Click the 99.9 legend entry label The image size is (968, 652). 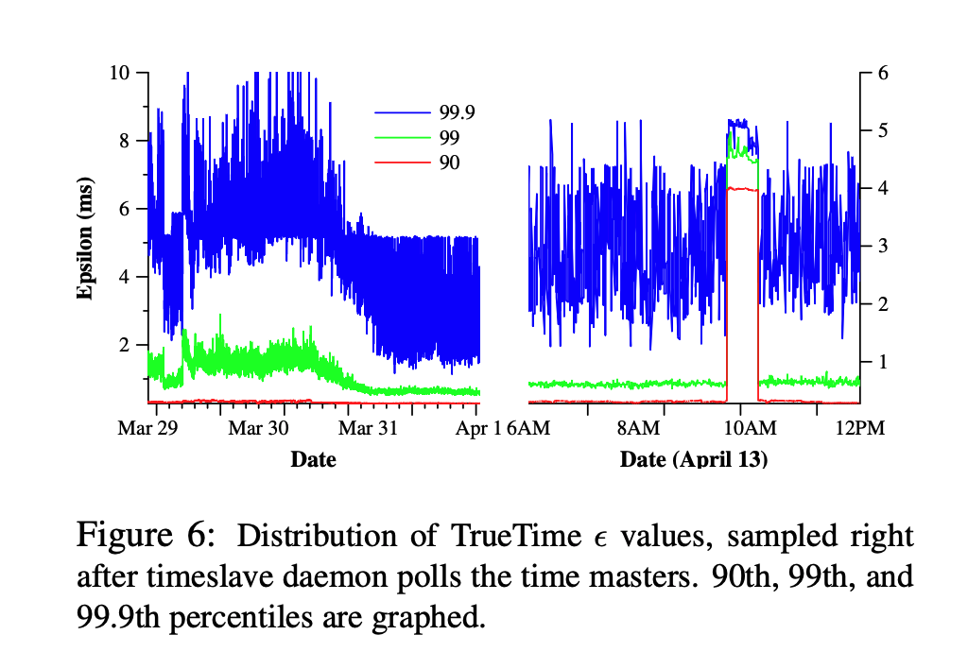tap(457, 112)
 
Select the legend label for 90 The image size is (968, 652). tap(449, 163)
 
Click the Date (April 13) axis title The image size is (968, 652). tap(693, 460)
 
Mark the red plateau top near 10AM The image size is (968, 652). tap(742, 189)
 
